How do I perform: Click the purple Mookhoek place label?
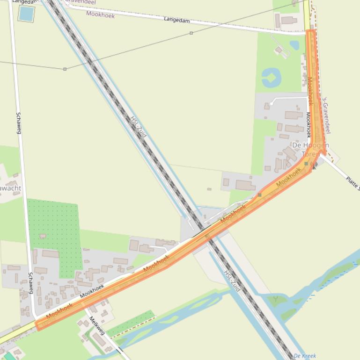coord(100,14)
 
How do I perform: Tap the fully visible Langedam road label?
coord(177,20)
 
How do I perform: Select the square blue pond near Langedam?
coord(26,14)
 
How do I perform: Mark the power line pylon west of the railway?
coord(65,69)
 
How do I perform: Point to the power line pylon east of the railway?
coord(191,33)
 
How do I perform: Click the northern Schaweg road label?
coord(19,123)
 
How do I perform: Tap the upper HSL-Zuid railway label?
coord(139,127)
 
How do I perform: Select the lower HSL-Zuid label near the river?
coord(232,281)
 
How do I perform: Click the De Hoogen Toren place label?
coord(310,149)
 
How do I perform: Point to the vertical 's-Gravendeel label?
coord(327,115)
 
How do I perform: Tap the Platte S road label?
coord(353,182)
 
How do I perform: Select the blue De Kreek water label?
coord(305,356)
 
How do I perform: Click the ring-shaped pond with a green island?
coord(271,77)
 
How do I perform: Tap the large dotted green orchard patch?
coord(54,229)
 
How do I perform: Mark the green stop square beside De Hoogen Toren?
coord(306,164)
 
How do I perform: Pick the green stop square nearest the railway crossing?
coord(259,195)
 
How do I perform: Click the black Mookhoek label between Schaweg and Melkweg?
coord(92,292)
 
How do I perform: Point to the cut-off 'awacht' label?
coord(10,188)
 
